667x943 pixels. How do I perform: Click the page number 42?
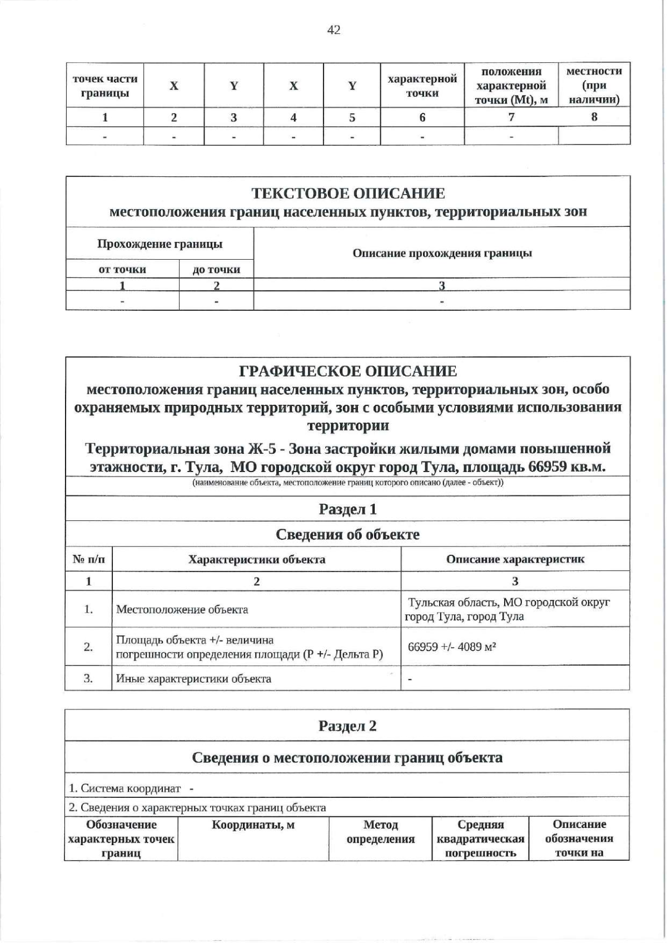[333, 30]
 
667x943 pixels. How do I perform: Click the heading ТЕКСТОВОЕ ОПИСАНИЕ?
[348, 193]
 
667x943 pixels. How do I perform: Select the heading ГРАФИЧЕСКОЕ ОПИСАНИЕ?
[348, 371]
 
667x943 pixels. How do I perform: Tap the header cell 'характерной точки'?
[422, 86]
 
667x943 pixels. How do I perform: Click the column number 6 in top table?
[422, 117]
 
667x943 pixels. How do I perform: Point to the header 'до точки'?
[216, 270]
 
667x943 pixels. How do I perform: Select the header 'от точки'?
[122, 270]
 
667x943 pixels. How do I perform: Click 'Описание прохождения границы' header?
[442, 253]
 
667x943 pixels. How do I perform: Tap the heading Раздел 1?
[348, 509]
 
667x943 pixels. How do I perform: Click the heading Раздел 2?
[348, 726]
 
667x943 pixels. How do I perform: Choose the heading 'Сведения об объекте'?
[348, 534]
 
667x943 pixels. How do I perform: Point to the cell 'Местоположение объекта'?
[182, 609]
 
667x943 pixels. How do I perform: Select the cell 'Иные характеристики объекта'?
[193, 678]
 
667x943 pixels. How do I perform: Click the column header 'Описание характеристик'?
[515, 559]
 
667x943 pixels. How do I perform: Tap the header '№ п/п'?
[88, 559]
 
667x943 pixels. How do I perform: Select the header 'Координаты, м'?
[253, 825]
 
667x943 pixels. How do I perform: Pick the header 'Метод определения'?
[380, 832]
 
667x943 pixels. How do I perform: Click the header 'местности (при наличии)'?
[594, 86]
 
